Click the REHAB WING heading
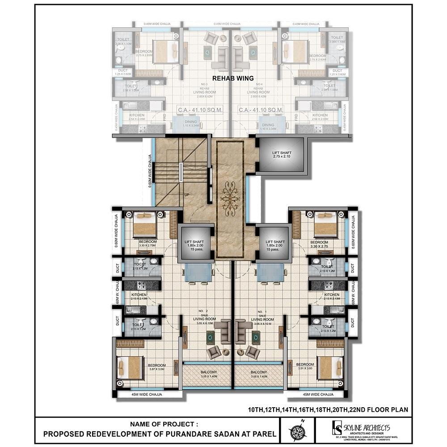(x=233, y=78)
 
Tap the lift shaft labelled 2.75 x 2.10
(x=281, y=155)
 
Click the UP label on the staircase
(x=186, y=195)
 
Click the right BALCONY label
(x=259, y=372)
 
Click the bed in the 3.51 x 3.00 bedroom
(x=330, y=367)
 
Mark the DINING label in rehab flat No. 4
(x=268, y=125)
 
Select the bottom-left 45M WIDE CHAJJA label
(x=146, y=395)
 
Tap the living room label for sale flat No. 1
(x=262, y=320)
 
